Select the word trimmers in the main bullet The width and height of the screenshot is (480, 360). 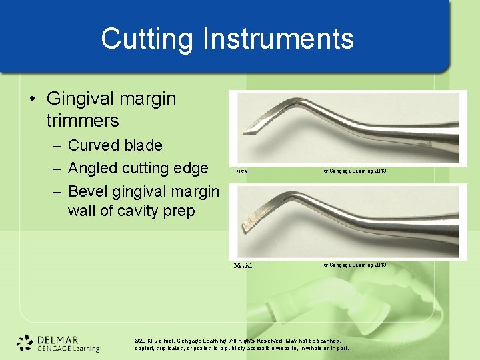pyautogui.click(x=83, y=121)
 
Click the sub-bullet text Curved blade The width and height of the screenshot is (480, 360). pyautogui.click(x=115, y=145)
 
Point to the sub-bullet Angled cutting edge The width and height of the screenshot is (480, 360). pyautogui.click(x=138, y=168)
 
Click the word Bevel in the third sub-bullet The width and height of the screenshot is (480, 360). pyautogui.click(x=87, y=191)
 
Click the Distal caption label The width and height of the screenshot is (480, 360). pyautogui.click(x=242, y=171)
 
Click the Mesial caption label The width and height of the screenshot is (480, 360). pyautogui.click(x=243, y=265)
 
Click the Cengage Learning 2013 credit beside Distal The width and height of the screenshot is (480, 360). pyautogui.click(x=355, y=171)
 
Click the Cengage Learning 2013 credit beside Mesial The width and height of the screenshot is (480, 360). pyautogui.click(x=355, y=265)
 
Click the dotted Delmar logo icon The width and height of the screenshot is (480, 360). pyautogui.click(x=25, y=343)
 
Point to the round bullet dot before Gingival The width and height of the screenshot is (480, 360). pyautogui.click(x=33, y=99)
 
